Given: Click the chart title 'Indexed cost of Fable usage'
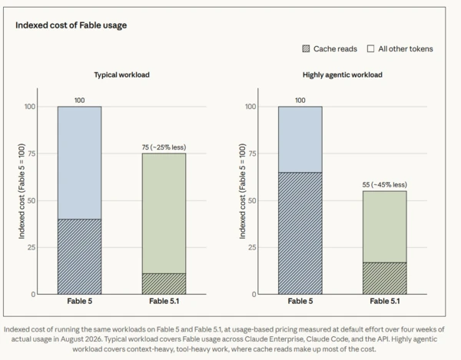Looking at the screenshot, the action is click(71, 25).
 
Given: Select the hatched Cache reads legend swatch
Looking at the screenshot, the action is click(306, 49).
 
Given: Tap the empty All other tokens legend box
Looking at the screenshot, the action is click(371, 49).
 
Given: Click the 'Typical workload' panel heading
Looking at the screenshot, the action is click(121, 75).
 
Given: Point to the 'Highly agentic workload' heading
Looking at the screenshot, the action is click(343, 75).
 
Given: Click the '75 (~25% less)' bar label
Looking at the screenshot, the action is click(164, 147).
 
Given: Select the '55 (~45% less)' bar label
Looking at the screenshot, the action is click(385, 185).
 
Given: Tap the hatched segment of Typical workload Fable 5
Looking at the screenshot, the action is click(79, 256).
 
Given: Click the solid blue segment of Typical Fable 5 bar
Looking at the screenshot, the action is click(79, 163).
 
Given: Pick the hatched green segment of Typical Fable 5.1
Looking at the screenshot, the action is click(164, 284).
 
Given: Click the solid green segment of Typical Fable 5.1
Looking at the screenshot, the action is click(164, 213).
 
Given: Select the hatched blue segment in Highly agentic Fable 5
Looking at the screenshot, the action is click(300, 233).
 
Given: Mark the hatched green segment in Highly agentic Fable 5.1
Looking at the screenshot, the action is click(385, 279).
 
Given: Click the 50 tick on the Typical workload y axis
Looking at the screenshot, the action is click(32, 200).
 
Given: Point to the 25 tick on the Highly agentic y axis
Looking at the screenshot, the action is click(252, 247).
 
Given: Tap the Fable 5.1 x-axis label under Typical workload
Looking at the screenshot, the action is click(164, 301).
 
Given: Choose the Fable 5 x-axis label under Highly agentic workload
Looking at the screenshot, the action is click(300, 301).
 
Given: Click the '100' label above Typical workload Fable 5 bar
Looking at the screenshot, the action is click(79, 101).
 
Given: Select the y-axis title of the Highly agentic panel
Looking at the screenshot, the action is click(242, 191).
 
